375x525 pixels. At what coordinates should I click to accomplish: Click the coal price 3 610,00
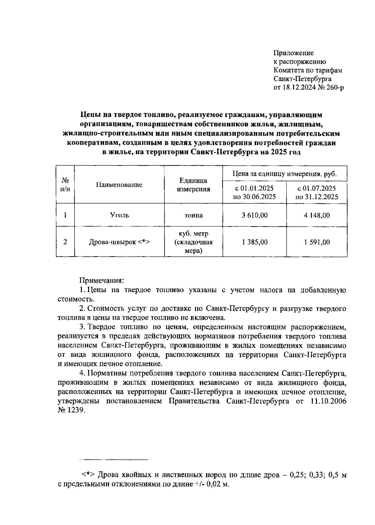point(254,215)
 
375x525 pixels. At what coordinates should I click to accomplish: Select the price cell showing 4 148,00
point(317,215)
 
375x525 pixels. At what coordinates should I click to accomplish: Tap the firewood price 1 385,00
point(254,242)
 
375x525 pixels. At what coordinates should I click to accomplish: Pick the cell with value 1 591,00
point(317,242)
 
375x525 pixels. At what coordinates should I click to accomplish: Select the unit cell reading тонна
point(193,215)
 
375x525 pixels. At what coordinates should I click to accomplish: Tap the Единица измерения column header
point(193,185)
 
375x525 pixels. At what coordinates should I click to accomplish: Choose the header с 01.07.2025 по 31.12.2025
point(317,192)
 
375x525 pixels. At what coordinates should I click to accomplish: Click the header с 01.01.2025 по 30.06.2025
point(254,192)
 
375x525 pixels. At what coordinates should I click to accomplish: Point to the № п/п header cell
point(65,185)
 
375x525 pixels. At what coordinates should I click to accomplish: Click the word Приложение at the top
point(293,53)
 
